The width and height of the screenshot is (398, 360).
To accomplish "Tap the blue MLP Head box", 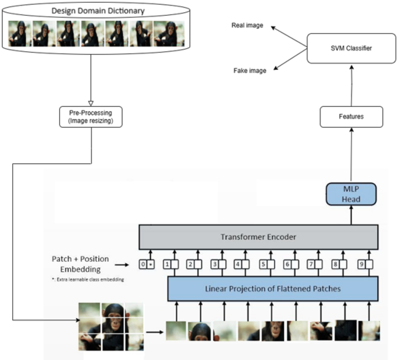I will (x=350, y=194).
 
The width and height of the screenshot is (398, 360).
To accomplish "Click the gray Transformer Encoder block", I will (x=257, y=237).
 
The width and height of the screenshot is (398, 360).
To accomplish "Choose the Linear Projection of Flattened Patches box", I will (x=272, y=289).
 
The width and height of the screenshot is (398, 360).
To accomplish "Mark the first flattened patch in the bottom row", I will (x=176, y=330).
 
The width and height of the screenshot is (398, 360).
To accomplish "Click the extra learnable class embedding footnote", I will (x=85, y=279).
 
